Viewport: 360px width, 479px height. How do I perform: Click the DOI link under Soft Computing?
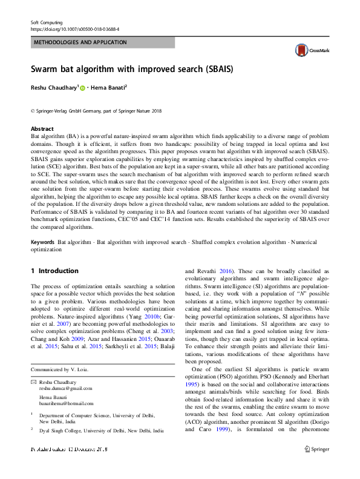(74, 29)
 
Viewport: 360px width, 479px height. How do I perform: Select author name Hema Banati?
(107, 88)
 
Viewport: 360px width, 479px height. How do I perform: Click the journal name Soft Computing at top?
(47, 22)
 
